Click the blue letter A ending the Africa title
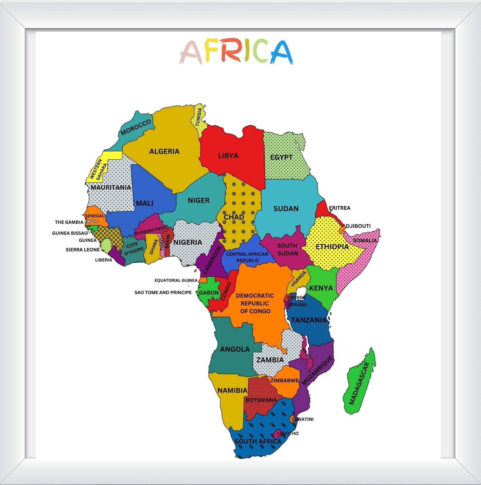coord(282,52)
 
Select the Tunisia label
coord(199,117)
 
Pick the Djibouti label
coord(358,226)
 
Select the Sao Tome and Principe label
coord(163,292)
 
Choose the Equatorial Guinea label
coord(176,280)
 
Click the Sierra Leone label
coord(83,250)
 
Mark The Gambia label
coord(69,222)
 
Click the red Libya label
coord(228,156)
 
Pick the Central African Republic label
coord(247,257)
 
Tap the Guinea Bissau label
coord(70,233)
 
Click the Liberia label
coord(103,260)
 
